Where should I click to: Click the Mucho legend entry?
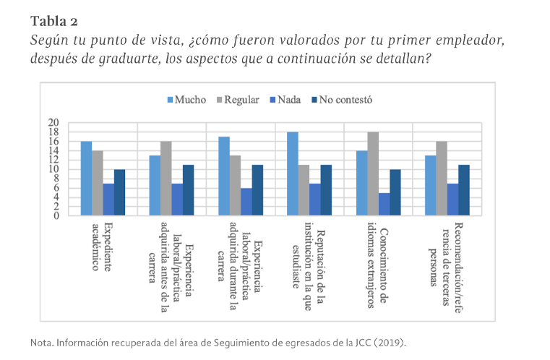click(186, 100)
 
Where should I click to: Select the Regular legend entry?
click(238, 100)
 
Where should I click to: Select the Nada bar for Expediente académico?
click(108, 200)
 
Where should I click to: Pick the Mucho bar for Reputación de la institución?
click(293, 173)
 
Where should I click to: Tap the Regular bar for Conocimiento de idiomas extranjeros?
click(373, 173)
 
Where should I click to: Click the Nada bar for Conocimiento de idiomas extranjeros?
click(384, 204)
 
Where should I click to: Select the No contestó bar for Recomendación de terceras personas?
click(464, 190)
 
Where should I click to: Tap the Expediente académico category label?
click(102, 246)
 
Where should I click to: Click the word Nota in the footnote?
click(42, 341)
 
